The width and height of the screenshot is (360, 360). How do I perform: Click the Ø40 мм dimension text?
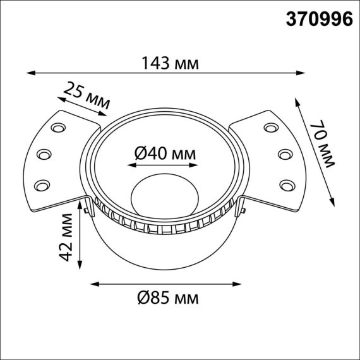[165, 152]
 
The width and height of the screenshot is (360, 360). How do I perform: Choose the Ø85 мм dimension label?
[167, 297]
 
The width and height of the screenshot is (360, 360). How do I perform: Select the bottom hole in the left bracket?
[42, 184]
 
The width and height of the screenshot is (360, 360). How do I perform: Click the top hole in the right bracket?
[270, 128]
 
